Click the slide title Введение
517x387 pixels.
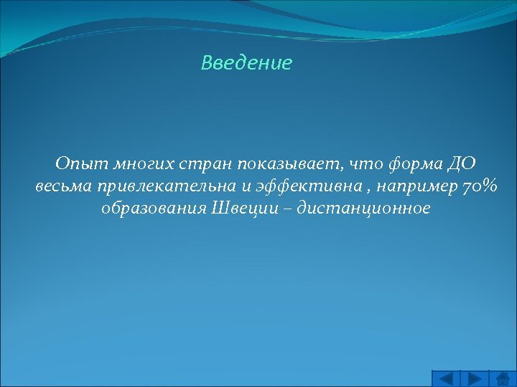pos(246,63)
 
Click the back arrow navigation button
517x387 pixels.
pos(446,378)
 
